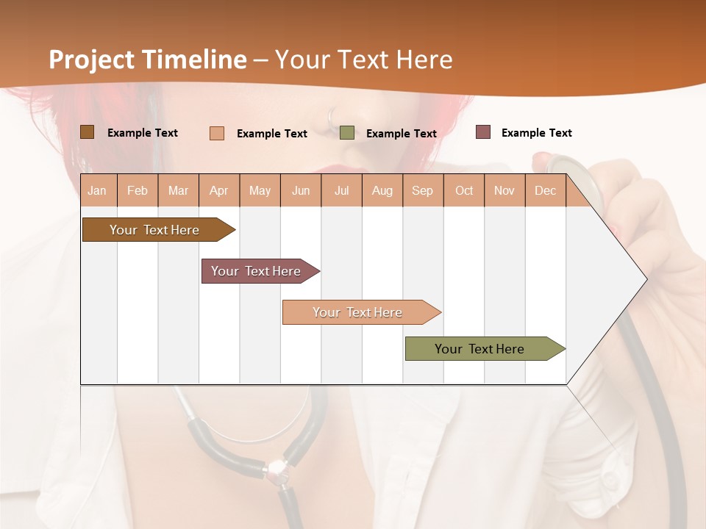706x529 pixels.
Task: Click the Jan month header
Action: tap(98, 191)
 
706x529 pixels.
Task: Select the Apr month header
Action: tap(219, 191)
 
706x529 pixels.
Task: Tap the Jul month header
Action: tap(341, 191)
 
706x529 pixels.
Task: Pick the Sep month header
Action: tap(422, 191)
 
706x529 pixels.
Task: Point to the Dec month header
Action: tap(545, 191)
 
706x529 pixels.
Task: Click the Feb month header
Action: tap(138, 191)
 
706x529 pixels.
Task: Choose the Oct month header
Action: tap(464, 191)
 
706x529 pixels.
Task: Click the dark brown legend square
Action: tap(87, 132)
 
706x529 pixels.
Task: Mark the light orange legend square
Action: tap(216, 133)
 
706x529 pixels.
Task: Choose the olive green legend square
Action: tap(347, 133)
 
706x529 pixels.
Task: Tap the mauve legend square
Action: tap(482, 132)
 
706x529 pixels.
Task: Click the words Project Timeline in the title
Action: tap(147, 60)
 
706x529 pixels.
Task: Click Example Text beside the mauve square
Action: tap(536, 133)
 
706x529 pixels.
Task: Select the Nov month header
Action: tap(504, 191)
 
